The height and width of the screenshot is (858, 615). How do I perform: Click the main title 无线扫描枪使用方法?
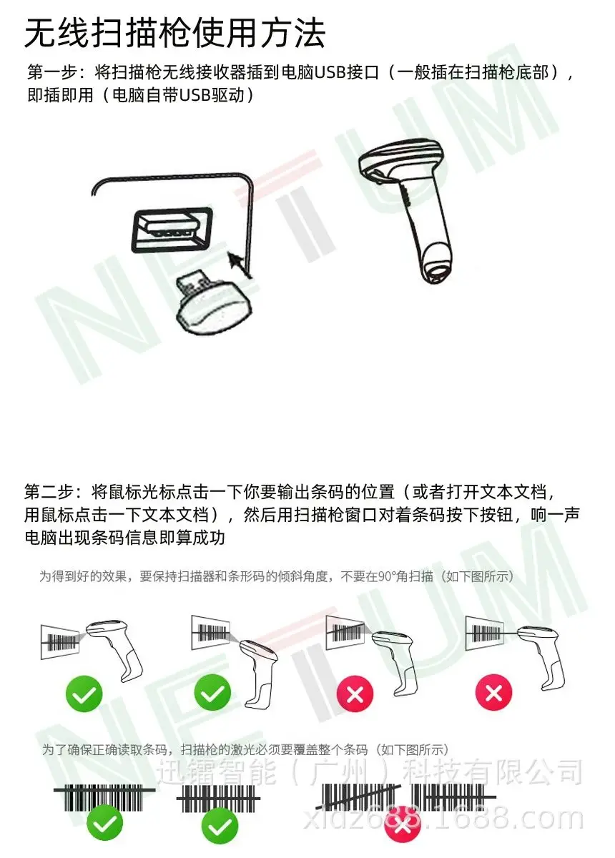pos(174,34)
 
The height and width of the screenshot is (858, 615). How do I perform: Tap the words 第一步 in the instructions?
pos(52,72)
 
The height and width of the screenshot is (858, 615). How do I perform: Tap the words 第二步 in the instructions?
pos(49,491)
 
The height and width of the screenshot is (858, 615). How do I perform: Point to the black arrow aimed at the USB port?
pos(240,264)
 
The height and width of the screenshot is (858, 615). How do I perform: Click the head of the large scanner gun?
pos(400,159)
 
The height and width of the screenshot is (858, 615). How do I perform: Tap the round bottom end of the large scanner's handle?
pos(437,265)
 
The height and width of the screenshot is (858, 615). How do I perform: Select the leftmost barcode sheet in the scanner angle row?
pos(59,641)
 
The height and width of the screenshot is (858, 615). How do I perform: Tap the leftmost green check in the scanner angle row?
pos(84,694)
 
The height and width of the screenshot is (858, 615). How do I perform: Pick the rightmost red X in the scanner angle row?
pos(493,693)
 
